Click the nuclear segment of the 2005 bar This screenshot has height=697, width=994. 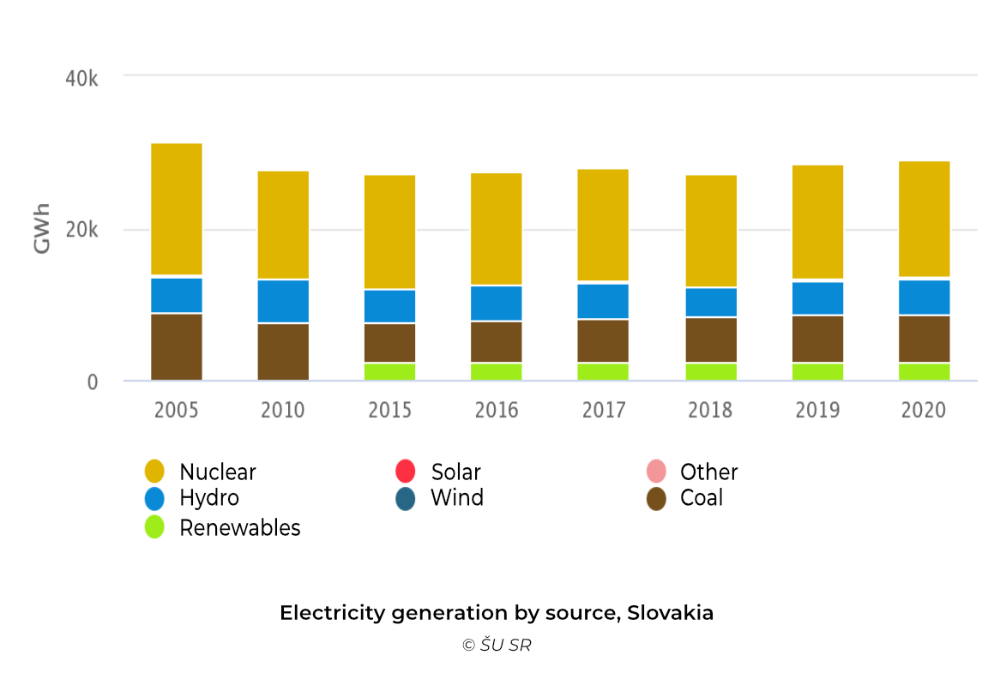coord(176,209)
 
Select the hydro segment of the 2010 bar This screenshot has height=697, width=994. coord(283,301)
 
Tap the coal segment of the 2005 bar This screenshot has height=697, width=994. coord(176,346)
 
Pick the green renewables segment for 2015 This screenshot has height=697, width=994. coord(389,371)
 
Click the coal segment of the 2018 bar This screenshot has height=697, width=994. coord(711,339)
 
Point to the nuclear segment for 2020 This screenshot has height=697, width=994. coord(924,219)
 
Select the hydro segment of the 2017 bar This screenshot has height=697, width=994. coord(603,301)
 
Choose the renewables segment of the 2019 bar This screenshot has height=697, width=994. coord(817,371)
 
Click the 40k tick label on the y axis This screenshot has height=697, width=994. coord(81,79)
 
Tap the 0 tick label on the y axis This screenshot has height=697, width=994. coord(92,382)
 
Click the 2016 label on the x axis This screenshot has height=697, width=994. coord(497,410)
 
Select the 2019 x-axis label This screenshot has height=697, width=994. coord(817,410)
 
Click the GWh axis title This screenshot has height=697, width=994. coord(42,229)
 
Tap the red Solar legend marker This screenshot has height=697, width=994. coord(405,472)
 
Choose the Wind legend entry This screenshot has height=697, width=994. coord(456,498)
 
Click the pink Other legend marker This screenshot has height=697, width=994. coord(656,472)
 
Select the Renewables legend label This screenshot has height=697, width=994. coord(239,528)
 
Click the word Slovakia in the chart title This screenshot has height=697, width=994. coord(670,613)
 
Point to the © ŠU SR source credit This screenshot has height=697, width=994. coord(497,646)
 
